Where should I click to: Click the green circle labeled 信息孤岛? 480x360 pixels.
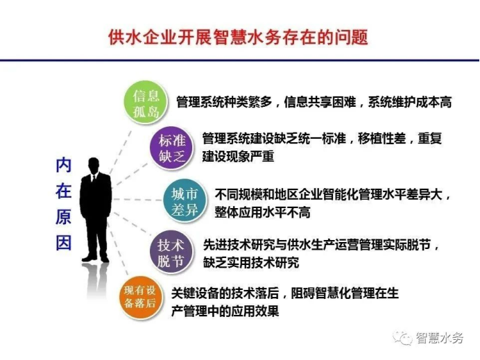pyautogui.click(x=146, y=102)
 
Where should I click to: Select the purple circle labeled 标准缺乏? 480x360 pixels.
pyautogui.click(x=172, y=148)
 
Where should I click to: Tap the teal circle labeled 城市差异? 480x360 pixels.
pyautogui.click(x=184, y=201)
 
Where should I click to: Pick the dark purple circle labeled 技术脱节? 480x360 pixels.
pyautogui.click(x=171, y=252)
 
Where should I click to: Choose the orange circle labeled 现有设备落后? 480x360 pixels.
pyautogui.click(x=141, y=297)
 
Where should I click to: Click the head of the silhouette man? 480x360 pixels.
pyautogui.click(x=94, y=166)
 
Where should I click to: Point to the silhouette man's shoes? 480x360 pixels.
pyautogui.click(x=96, y=259)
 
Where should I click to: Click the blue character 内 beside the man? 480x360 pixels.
pyautogui.click(x=63, y=165)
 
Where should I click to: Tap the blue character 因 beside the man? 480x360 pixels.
pyautogui.click(x=63, y=243)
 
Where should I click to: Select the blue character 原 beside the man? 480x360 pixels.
pyautogui.click(x=63, y=216)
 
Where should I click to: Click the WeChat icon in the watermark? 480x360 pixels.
pyautogui.click(x=403, y=337)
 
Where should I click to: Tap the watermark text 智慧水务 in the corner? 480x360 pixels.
pyautogui.click(x=439, y=338)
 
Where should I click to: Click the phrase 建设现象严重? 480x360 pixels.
pyautogui.click(x=238, y=157)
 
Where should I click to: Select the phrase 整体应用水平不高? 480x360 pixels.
pyautogui.click(x=262, y=212)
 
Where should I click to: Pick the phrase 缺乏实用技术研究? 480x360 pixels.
pyautogui.click(x=251, y=262)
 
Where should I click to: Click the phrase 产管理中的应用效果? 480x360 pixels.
pyautogui.click(x=225, y=311)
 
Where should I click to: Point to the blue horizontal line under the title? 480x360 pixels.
pyautogui.click(x=240, y=60)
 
